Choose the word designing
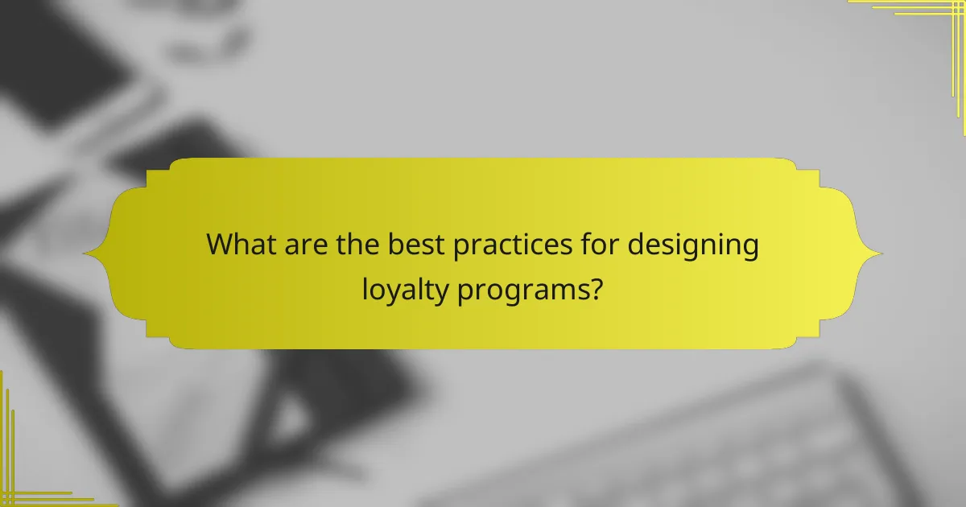click(x=693, y=246)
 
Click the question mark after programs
click(x=596, y=286)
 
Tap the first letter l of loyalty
click(x=365, y=286)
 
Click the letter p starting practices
click(x=461, y=248)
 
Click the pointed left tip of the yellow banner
click(x=85, y=253)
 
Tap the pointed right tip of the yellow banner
click(x=881, y=253)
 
